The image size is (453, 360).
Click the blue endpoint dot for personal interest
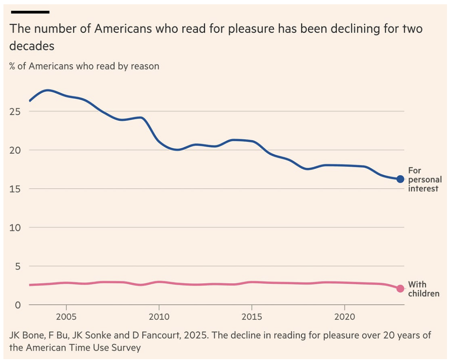point(400,179)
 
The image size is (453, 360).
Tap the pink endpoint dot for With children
point(400,288)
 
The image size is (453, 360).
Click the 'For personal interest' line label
point(423,180)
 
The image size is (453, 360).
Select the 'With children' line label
point(423,289)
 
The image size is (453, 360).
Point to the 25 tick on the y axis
point(16,111)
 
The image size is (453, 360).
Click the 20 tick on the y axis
point(16,150)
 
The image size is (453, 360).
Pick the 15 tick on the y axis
point(16,189)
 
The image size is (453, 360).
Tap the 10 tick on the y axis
point(16,228)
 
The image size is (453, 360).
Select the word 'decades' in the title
point(32,46)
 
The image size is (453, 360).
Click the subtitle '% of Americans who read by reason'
point(84,66)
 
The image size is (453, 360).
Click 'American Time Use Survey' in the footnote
point(82,348)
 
